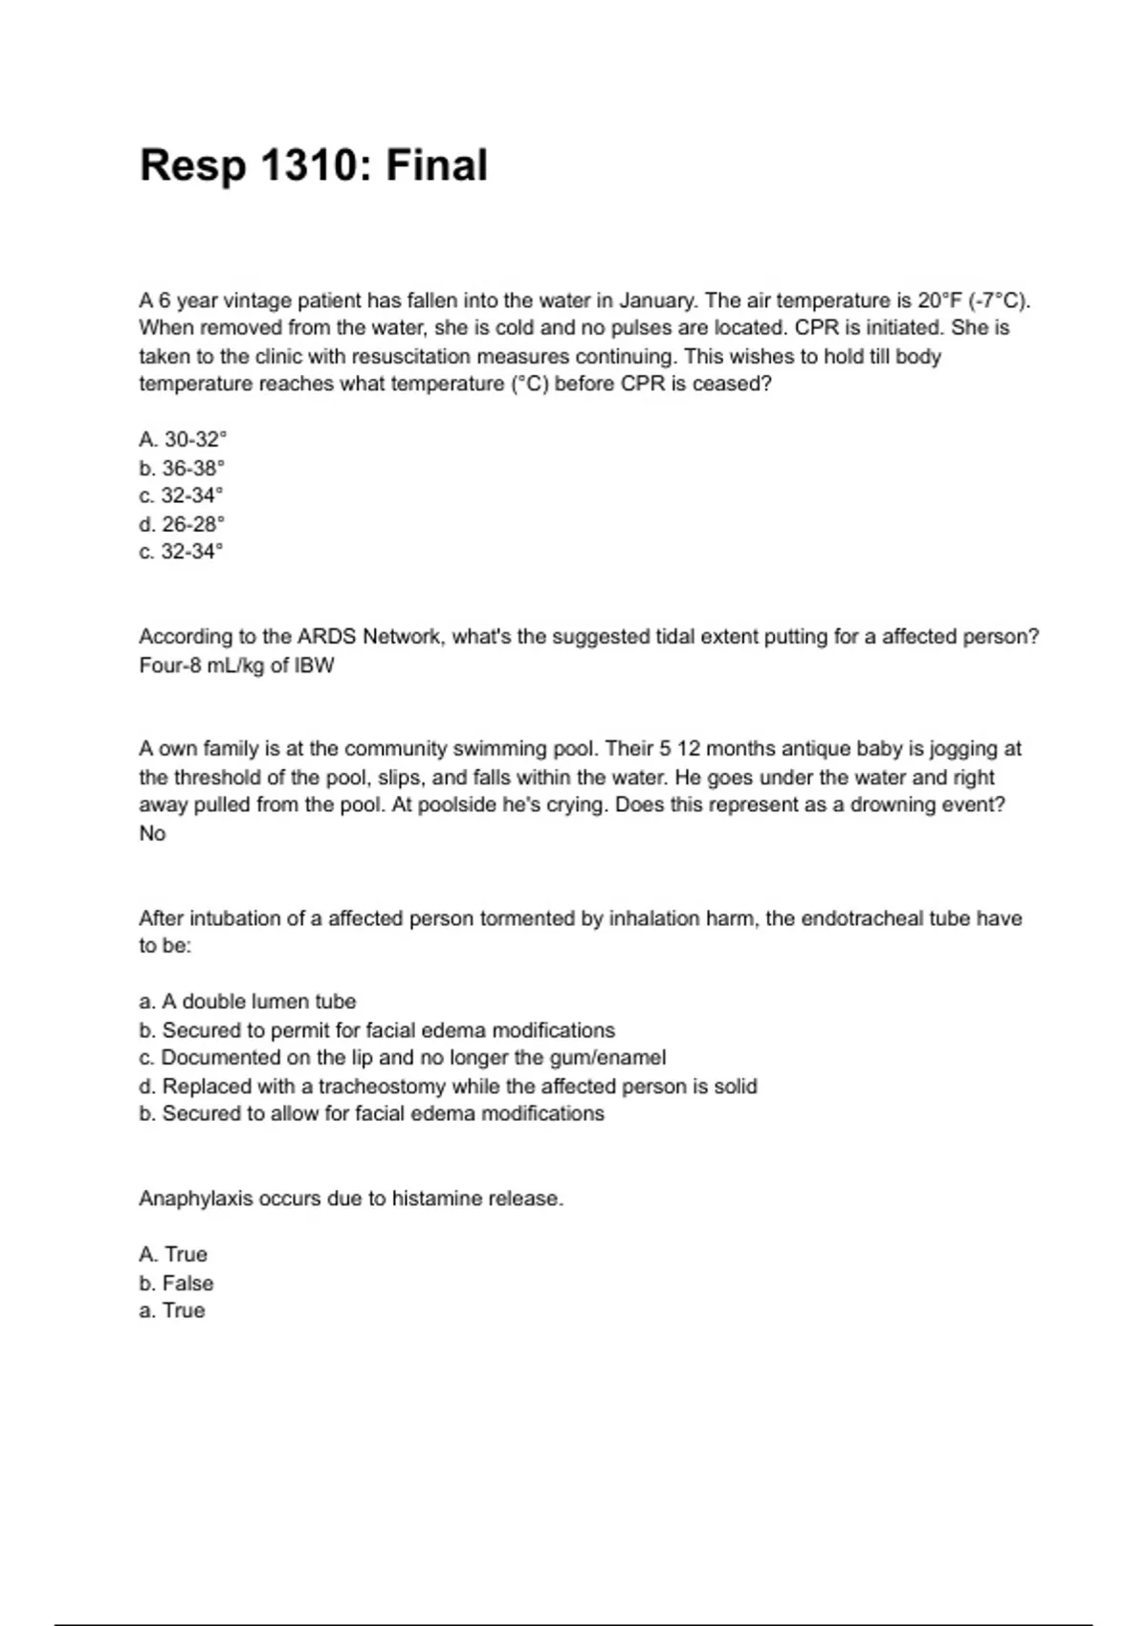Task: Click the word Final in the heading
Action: pyautogui.click(x=436, y=165)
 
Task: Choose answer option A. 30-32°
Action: pyautogui.click(x=183, y=440)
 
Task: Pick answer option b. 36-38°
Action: pyautogui.click(x=182, y=469)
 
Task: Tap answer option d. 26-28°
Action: pyautogui.click(x=182, y=524)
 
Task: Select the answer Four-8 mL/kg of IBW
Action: pyautogui.click(x=236, y=666)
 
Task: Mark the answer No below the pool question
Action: pyautogui.click(x=152, y=833)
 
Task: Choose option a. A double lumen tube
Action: pyautogui.click(x=248, y=1001)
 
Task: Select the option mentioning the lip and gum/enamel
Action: pyautogui.click(x=403, y=1058)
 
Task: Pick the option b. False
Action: pyautogui.click(x=176, y=1284)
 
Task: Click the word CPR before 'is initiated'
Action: pyautogui.click(x=816, y=328)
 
